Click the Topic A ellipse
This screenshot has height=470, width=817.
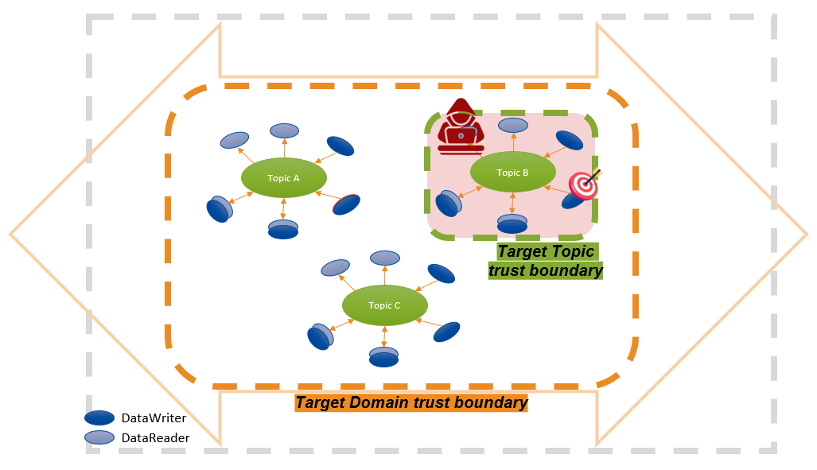tap(284, 178)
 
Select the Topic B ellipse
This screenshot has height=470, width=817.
tap(512, 172)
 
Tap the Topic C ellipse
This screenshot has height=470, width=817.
tap(385, 305)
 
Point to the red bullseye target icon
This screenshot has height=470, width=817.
tap(584, 185)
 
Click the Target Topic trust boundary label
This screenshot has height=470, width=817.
tap(545, 261)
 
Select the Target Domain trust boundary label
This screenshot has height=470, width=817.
tap(411, 402)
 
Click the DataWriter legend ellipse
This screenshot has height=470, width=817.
tap(99, 418)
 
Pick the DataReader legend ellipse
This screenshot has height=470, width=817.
tap(99, 437)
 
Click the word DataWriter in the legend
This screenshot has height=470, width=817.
tap(154, 418)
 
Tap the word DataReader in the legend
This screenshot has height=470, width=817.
tap(155, 437)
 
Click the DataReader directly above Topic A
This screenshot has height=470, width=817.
tap(284, 130)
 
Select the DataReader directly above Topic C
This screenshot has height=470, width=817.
tap(385, 258)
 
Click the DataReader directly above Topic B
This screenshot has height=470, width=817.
tap(512, 125)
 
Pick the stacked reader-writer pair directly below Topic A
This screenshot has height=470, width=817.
tap(283, 229)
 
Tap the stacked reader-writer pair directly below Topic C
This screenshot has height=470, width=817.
tap(383, 357)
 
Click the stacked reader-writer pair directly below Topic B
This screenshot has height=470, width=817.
tap(512, 223)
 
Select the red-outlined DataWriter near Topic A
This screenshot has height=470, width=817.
tap(346, 204)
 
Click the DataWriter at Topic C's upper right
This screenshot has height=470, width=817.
tap(442, 274)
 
